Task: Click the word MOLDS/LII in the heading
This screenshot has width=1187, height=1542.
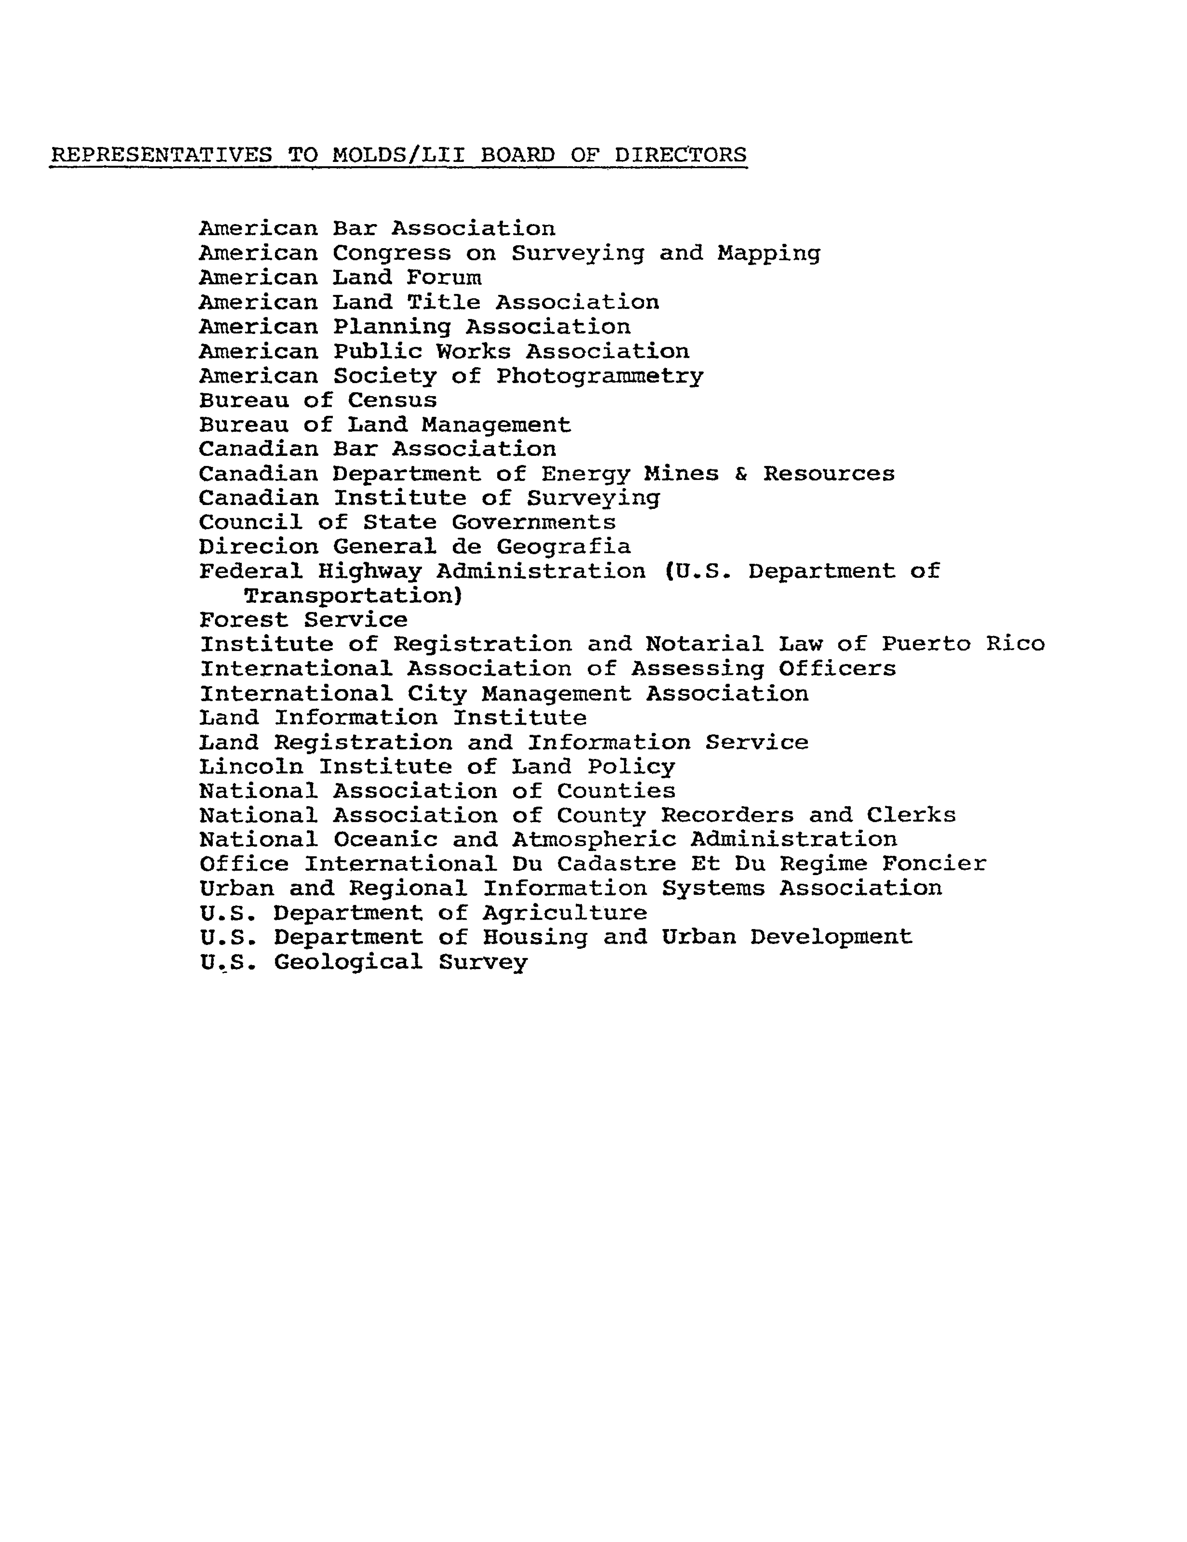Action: pyautogui.click(x=398, y=155)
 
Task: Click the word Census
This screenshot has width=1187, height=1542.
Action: pyautogui.click(x=392, y=400)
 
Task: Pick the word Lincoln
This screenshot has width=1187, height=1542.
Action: pyautogui.click(x=251, y=767)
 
